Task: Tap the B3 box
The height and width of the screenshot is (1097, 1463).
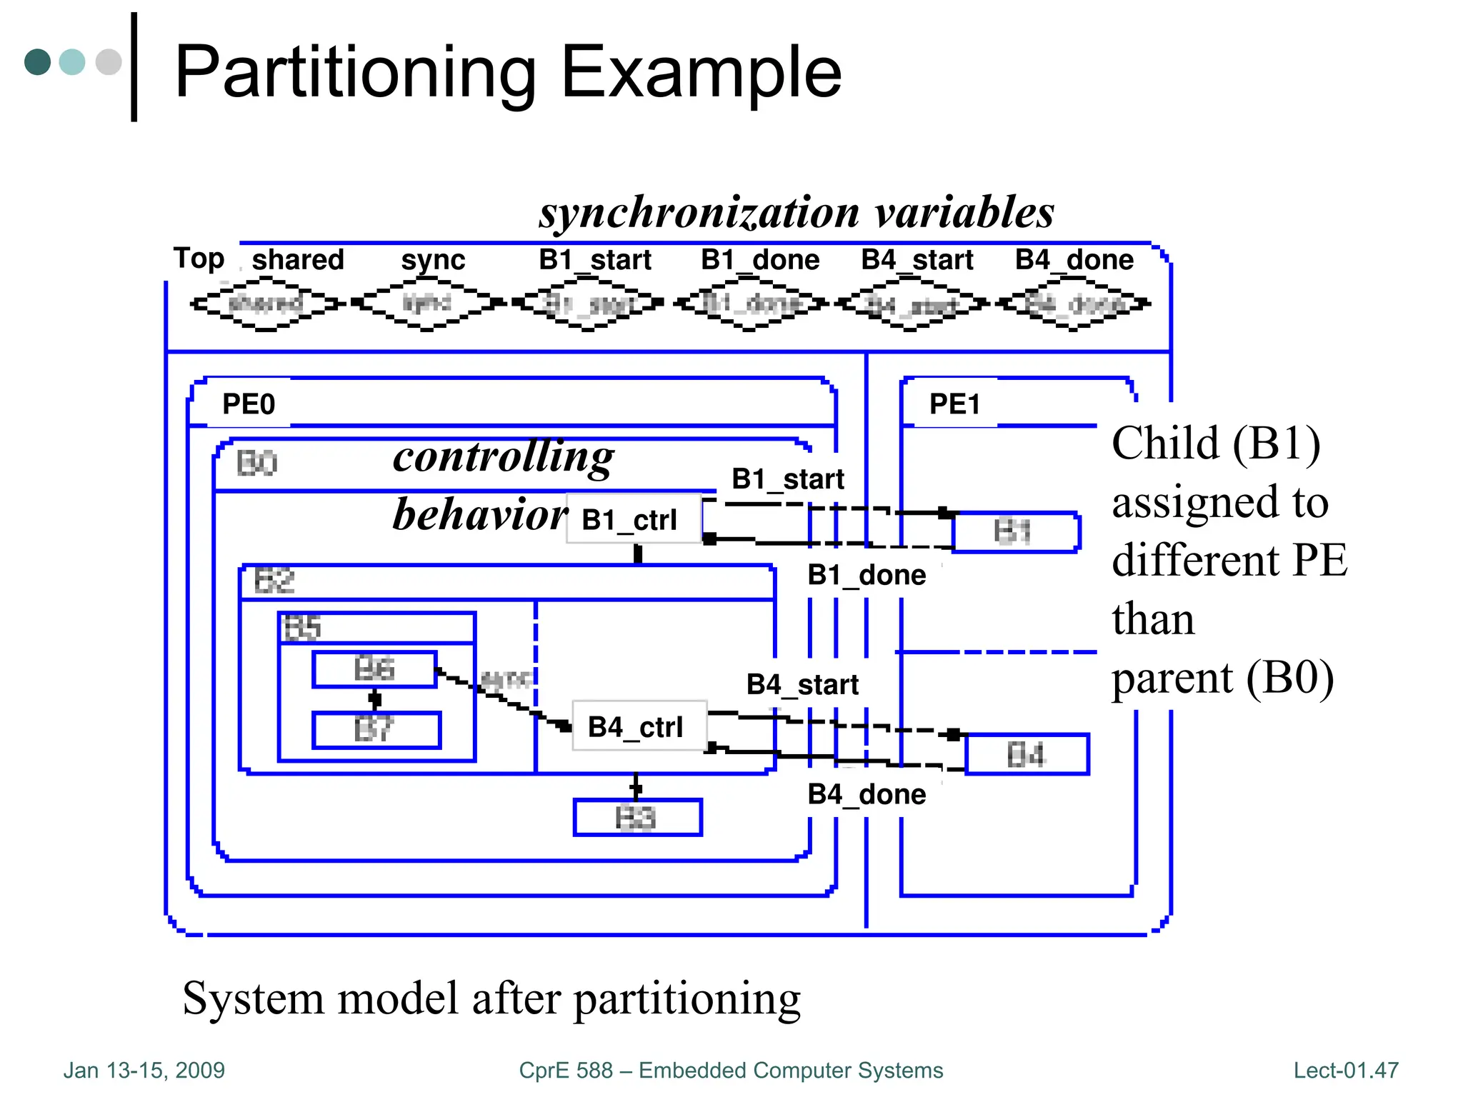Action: click(637, 818)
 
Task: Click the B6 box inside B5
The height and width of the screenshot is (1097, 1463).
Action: click(374, 669)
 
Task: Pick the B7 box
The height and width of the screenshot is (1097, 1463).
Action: click(376, 730)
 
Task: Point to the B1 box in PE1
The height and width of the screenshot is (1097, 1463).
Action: click(1015, 532)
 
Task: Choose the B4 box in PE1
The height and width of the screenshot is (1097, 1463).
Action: click(1027, 754)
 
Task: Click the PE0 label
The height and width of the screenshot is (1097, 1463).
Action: click(248, 404)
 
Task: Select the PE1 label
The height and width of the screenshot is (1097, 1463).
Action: click(954, 404)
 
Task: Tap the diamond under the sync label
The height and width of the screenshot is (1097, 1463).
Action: click(427, 304)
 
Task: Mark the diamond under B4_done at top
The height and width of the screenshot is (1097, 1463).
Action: click(1073, 305)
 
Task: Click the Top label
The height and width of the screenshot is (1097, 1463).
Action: click(199, 259)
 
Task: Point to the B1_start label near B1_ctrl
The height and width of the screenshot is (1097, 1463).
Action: click(787, 479)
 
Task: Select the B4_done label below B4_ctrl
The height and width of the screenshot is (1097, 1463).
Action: click(866, 794)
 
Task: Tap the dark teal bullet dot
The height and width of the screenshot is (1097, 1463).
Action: click(37, 61)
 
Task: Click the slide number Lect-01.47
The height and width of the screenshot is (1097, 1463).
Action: click(1345, 1070)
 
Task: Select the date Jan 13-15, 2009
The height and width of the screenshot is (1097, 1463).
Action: click(144, 1070)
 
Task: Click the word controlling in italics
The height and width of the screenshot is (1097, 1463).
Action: click(503, 457)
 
